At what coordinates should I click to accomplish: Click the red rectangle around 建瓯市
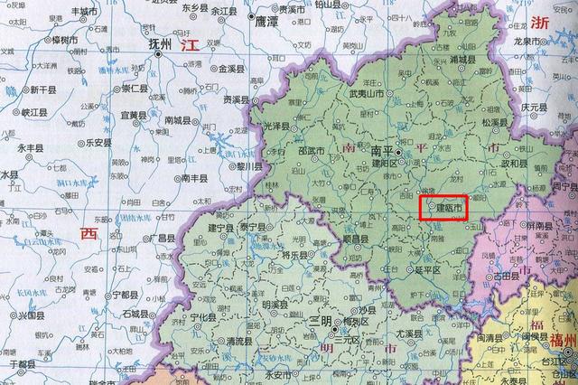pyautogui.click(x=447, y=209)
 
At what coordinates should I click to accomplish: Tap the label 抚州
pyautogui.click(x=166, y=42)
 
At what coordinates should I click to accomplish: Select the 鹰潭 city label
pyautogui.click(x=267, y=19)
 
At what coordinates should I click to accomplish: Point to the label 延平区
pyautogui.click(x=424, y=270)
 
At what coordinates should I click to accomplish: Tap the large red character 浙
pyautogui.click(x=542, y=23)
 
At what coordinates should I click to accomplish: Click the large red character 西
pyautogui.click(x=88, y=233)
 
